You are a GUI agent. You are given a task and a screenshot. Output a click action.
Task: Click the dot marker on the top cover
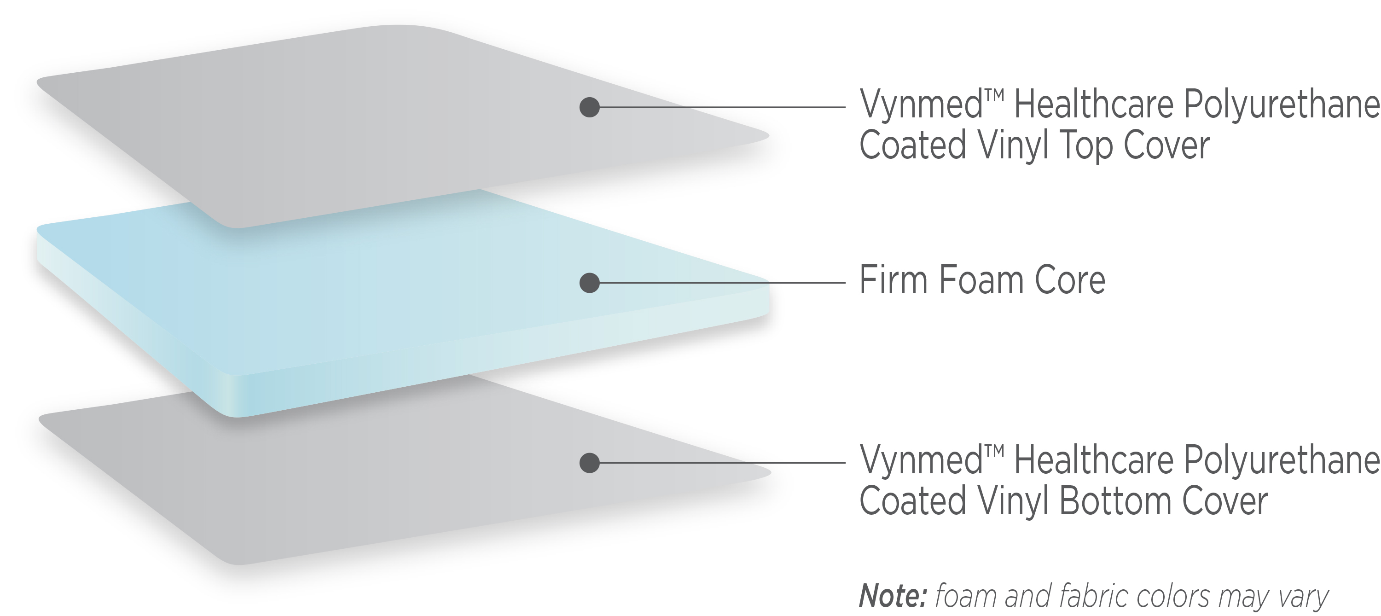click(590, 107)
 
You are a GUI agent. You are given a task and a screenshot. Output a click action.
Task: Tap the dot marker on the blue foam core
click(590, 283)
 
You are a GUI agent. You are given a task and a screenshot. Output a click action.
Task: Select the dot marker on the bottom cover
click(590, 463)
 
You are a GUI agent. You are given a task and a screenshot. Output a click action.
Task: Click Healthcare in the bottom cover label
click(1094, 460)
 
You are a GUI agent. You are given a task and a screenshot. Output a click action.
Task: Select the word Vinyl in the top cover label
click(1013, 146)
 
